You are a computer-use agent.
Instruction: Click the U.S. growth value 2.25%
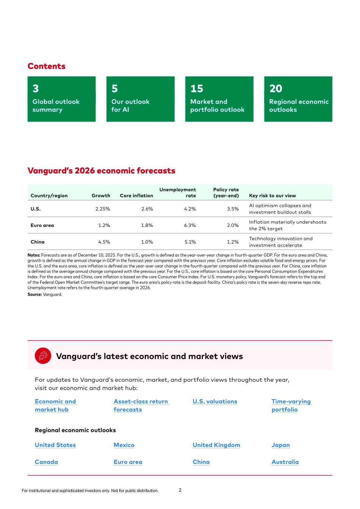(x=102, y=209)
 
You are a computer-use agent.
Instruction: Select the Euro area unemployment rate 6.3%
(x=190, y=225)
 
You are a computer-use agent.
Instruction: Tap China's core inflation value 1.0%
(x=147, y=242)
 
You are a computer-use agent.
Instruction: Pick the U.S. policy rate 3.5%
(x=233, y=209)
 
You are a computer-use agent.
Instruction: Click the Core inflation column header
(x=136, y=196)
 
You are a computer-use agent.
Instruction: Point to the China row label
(x=38, y=242)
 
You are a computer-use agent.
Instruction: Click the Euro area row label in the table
(x=42, y=225)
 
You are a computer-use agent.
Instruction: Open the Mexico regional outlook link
(x=124, y=445)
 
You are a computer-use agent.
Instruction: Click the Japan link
(x=280, y=445)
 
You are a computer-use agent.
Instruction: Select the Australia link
(x=285, y=462)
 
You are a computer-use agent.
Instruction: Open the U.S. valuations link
(x=215, y=401)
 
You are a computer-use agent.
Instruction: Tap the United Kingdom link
(x=216, y=445)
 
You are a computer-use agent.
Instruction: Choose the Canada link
(x=46, y=462)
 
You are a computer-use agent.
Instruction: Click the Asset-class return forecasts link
(x=141, y=406)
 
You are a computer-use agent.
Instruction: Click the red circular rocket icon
(x=43, y=356)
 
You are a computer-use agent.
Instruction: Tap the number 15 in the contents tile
(x=197, y=89)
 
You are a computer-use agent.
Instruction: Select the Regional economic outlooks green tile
(x=298, y=99)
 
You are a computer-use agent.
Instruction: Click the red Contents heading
(x=47, y=66)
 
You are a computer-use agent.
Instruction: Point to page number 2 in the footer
(x=180, y=490)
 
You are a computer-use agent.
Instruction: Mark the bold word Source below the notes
(x=34, y=295)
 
